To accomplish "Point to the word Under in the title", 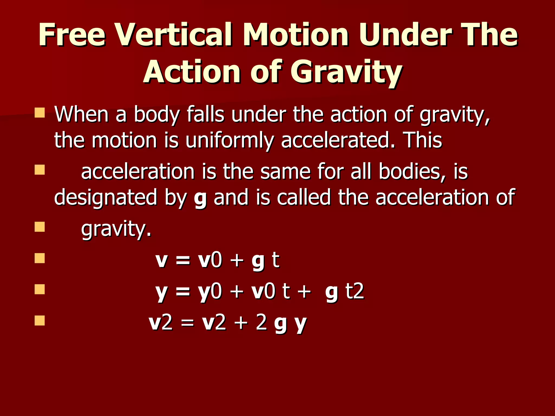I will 405,35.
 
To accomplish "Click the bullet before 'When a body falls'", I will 40,113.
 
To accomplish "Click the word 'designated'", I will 106,198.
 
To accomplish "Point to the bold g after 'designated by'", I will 200,199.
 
